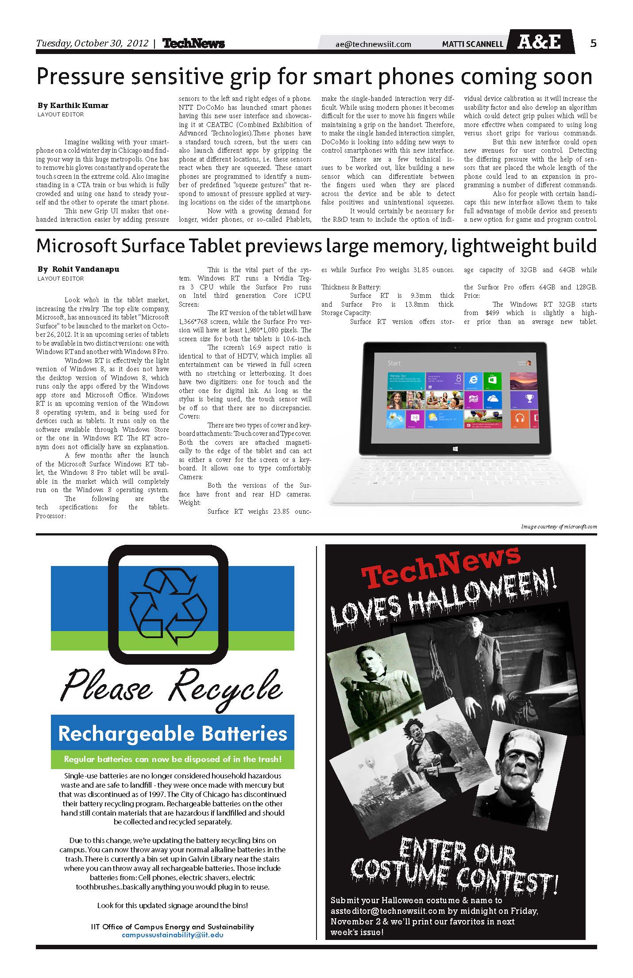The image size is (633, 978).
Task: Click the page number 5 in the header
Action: [593, 43]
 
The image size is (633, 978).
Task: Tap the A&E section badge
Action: [539, 42]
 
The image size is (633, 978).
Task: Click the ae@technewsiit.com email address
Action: [373, 44]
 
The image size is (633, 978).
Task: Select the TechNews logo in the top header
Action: [193, 43]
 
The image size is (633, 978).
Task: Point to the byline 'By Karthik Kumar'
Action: [73, 105]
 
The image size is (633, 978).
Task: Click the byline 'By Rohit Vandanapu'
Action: [78, 269]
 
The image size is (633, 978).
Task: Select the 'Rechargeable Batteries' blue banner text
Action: [173, 734]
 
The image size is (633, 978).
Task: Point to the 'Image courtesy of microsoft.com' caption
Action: [559, 527]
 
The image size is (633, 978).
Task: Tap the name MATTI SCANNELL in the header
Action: [473, 44]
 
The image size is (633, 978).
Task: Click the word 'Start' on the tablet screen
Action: [394, 363]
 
